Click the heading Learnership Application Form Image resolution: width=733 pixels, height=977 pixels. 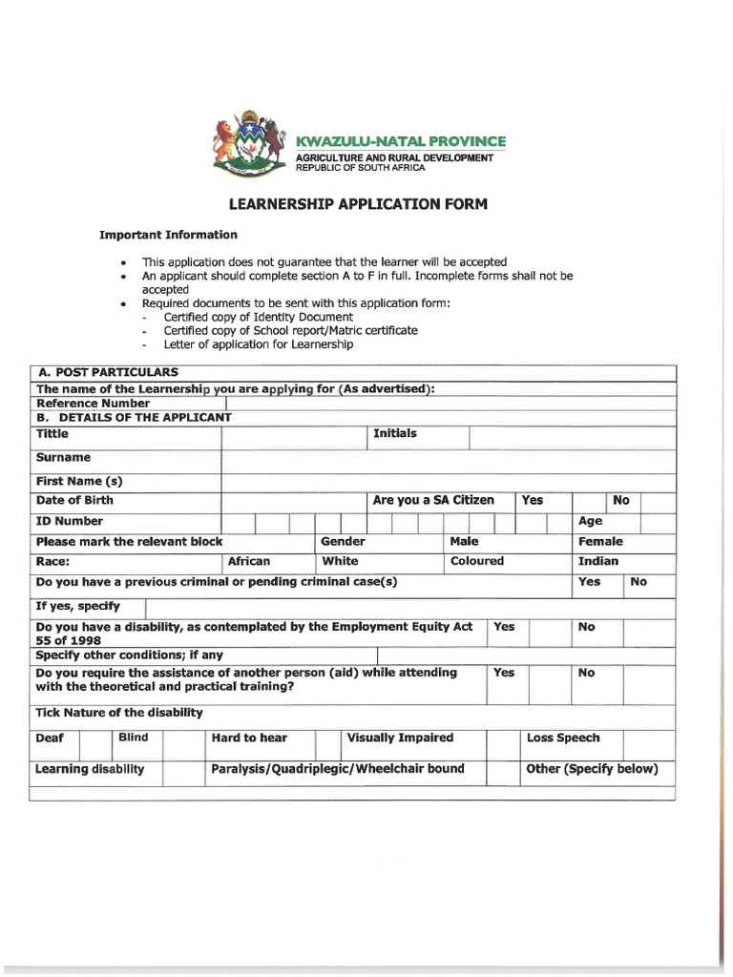(x=357, y=204)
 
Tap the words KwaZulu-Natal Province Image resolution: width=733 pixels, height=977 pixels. (x=401, y=141)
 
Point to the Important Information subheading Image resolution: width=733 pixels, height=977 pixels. (x=168, y=235)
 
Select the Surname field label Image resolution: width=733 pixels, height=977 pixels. (x=63, y=458)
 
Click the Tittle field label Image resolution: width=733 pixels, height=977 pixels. (x=52, y=434)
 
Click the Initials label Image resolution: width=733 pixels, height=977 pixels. (x=395, y=434)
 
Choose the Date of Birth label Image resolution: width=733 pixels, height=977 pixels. (x=74, y=501)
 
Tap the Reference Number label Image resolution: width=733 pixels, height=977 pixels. (x=93, y=404)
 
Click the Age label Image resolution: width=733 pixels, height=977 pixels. (x=590, y=522)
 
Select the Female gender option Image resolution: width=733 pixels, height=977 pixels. (x=600, y=542)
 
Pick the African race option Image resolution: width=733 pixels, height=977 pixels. (x=249, y=562)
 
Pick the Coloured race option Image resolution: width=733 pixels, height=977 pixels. (x=477, y=562)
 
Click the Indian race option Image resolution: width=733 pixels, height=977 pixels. (x=598, y=562)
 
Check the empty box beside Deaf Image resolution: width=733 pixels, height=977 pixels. (x=95, y=744)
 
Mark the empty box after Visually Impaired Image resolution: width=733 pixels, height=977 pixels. (x=502, y=744)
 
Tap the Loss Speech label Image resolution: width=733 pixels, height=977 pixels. (x=563, y=738)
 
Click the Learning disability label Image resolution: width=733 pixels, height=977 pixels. (x=90, y=770)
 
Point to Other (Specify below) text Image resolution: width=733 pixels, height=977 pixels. (x=592, y=770)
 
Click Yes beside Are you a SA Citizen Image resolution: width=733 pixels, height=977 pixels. (x=533, y=501)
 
